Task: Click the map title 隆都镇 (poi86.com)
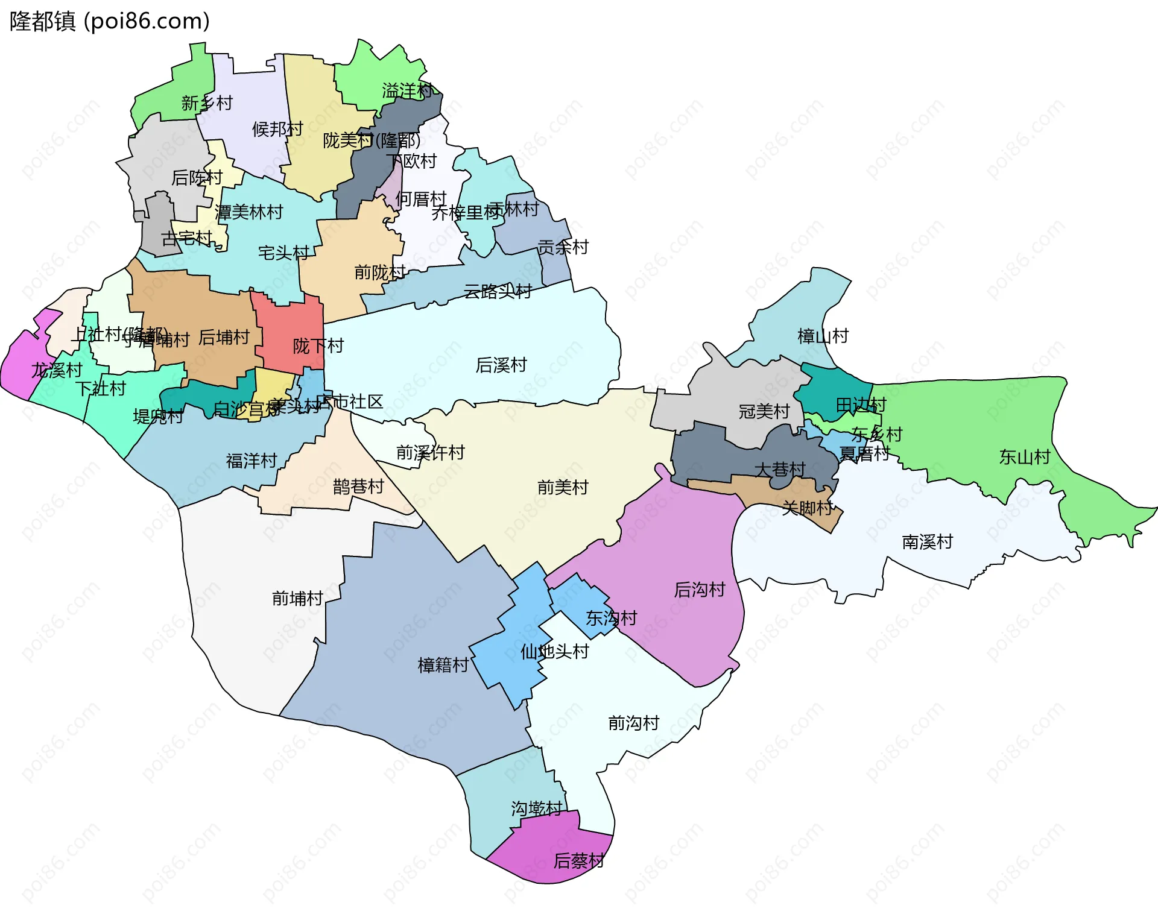110,21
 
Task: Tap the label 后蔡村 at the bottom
578,860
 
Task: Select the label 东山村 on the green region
1024,457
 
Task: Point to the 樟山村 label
823,336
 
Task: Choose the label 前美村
562,487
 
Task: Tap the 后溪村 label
501,365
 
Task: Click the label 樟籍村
443,665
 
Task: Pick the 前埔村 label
297,598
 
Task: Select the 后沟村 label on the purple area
699,589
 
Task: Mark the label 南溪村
927,541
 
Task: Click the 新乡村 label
206,103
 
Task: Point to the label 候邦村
277,129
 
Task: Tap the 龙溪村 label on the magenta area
56,370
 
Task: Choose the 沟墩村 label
536,808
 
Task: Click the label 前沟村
633,722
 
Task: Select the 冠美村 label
764,411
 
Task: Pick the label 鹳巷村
358,486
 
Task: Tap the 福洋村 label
251,461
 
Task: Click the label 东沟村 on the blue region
611,618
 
